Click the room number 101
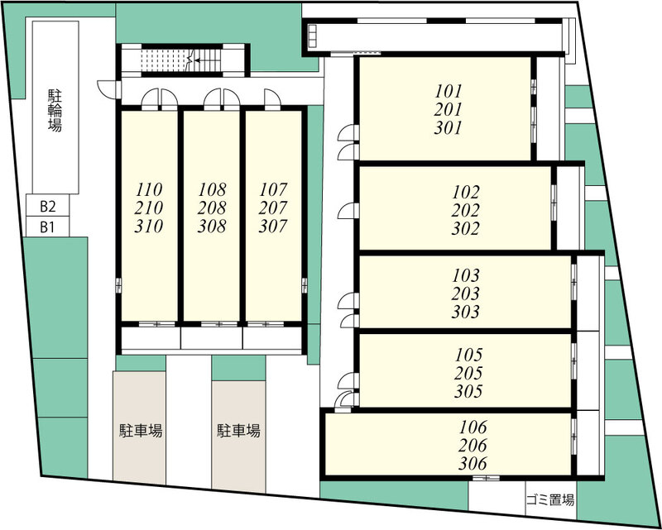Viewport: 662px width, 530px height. pos(449,91)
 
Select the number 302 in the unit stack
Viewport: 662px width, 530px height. pos(466,229)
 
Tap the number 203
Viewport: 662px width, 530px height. pos(466,294)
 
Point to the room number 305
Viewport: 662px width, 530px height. pos(468,392)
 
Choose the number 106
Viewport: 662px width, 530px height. pos(473,427)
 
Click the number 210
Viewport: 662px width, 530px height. pos(149,208)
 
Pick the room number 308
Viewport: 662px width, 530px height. pos(212,227)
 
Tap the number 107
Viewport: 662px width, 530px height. pos(273,189)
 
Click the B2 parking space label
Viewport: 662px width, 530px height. pos(48,207)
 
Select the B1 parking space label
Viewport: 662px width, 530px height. pos(47,228)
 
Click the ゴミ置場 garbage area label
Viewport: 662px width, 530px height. pos(550,501)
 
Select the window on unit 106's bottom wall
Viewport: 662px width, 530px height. pos(486,478)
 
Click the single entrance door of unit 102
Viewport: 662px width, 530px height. pos(348,211)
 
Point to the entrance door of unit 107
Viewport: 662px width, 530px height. pos(272,99)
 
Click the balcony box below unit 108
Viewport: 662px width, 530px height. pos(212,338)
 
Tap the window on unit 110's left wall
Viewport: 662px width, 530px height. pos(118,285)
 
